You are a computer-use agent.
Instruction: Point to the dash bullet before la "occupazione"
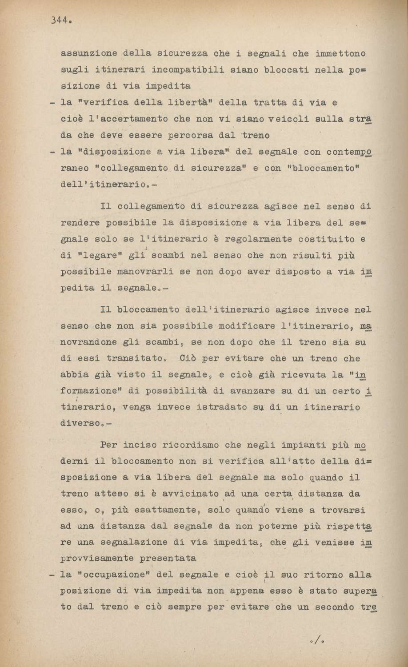[x=52, y=575]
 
